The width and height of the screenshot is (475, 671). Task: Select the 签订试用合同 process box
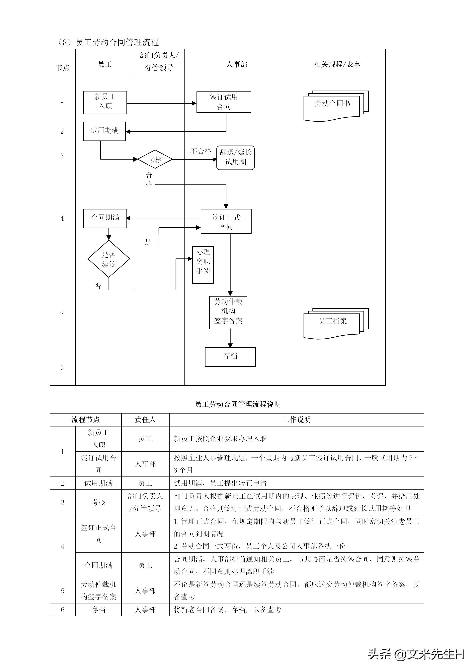point(224,102)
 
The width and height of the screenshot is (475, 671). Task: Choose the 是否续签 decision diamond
point(109,259)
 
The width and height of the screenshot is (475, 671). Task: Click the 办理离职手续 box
point(203,265)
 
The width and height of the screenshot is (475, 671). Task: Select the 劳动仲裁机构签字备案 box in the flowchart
point(228,312)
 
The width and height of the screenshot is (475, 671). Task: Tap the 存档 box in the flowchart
point(230,357)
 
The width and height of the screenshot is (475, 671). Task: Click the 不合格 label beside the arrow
point(201,151)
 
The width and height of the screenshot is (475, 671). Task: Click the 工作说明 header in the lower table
point(297,420)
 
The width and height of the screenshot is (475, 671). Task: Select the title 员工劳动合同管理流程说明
point(238,404)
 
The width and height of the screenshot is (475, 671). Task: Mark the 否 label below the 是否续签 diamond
point(98,286)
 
